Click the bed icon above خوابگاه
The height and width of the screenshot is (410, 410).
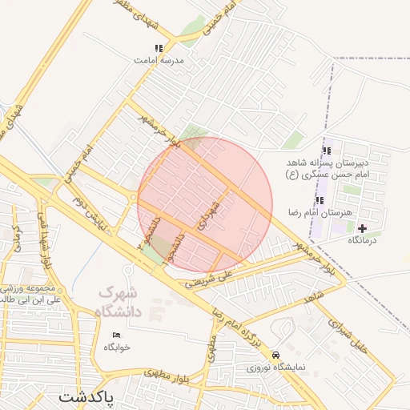pos(117,335)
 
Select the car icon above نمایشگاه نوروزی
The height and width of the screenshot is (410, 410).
pos(276,354)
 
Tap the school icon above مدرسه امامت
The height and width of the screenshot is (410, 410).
pos(159,48)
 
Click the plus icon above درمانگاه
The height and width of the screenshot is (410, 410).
pos(363,229)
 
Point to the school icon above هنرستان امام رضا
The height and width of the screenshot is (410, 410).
pos(320,200)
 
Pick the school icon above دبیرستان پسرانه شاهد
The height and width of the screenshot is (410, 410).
pos(326,151)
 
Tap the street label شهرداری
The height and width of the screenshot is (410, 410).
pos(210,212)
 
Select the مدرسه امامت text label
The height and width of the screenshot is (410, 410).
pos(159,60)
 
